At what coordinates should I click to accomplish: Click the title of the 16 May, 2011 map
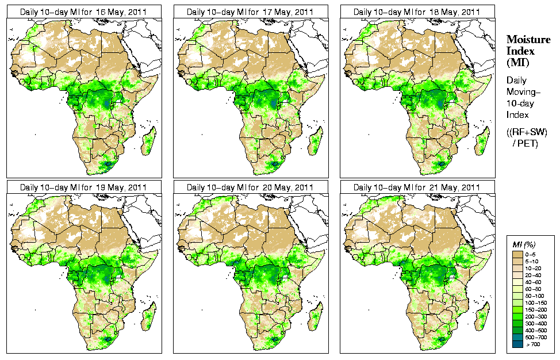[83, 12]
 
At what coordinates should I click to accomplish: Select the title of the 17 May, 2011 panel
[250, 12]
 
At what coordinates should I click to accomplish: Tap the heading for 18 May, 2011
[417, 12]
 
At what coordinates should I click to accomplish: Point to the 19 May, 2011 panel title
[83, 187]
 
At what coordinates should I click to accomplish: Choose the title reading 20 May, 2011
[250, 187]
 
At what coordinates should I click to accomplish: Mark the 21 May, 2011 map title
[417, 187]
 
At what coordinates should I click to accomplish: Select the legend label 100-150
[539, 302]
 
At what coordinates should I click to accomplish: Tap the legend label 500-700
[539, 337]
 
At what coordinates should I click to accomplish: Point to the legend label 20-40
[539, 275]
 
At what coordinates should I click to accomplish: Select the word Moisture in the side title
[526, 39]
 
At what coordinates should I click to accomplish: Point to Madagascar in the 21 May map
[482, 317]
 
